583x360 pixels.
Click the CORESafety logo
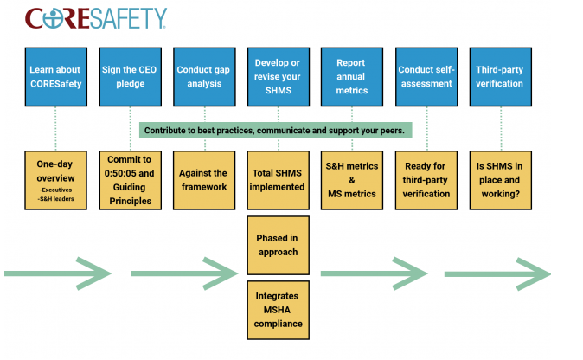pyautogui.click(x=96, y=18)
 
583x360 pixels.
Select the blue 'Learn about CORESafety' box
pyautogui.click(x=56, y=77)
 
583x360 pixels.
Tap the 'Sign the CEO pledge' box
pyautogui.click(x=130, y=77)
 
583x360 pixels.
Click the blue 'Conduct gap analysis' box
pyautogui.click(x=204, y=77)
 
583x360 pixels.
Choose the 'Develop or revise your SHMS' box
pyautogui.click(x=279, y=77)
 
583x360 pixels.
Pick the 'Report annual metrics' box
pyautogui.click(x=352, y=77)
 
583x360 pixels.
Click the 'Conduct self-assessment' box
pyautogui.click(x=426, y=77)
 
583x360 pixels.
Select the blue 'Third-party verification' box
pyautogui.click(x=501, y=77)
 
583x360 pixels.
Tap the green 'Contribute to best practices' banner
pyautogui.click(x=276, y=130)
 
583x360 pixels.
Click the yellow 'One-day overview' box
pyautogui.click(x=55, y=180)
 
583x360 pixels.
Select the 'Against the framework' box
pyautogui.click(x=204, y=180)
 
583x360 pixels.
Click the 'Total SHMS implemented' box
pyautogui.click(x=279, y=180)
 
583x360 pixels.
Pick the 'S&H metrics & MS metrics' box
pyautogui.click(x=352, y=180)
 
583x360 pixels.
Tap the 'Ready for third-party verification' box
pyautogui.click(x=426, y=180)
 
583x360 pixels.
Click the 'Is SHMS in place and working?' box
pyautogui.click(x=501, y=180)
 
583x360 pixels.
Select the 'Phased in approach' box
pyautogui.click(x=279, y=246)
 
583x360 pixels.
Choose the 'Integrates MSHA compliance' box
pyautogui.click(x=279, y=310)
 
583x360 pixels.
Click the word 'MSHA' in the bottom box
pyautogui.click(x=277, y=310)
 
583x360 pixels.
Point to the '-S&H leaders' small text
pyautogui.click(x=55, y=199)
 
